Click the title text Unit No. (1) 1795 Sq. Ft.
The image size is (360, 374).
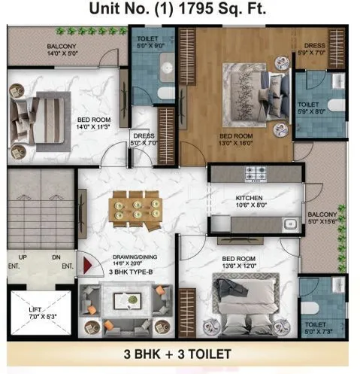pyautogui.click(x=179, y=10)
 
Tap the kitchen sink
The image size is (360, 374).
pyautogui.click(x=287, y=223)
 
